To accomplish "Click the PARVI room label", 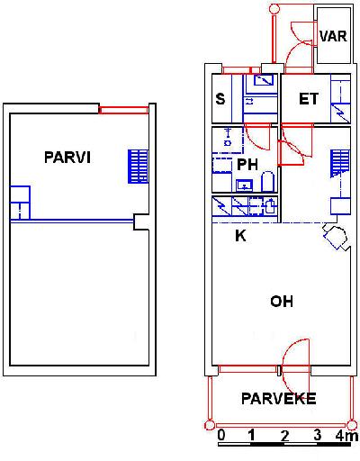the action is pyautogui.click(x=67, y=158).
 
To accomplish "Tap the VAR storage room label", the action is pyautogui.click(x=333, y=36).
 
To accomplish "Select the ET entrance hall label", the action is pyautogui.click(x=309, y=99).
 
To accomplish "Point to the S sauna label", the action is pyautogui.click(x=220, y=99).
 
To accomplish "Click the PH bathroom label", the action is pyautogui.click(x=247, y=165).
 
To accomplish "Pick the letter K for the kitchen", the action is pyautogui.click(x=240, y=236).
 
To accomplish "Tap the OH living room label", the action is pyautogui.click(x=282, y=302).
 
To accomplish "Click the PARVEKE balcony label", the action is pyautogui.click(x=279, y=398).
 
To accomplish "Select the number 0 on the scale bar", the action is pyautogui.click(x=221, y=435).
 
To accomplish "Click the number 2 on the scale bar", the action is pyautogui.click(x=284, y=436).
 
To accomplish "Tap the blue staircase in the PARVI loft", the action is pyautogui.click(x=138, y=167).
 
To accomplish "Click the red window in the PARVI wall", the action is pyautogui.click(x=123, y=110).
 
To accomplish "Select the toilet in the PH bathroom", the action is pyautogui.click(x=267, y=182).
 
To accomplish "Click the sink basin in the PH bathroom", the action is pyautogui.click(x=245, y=185).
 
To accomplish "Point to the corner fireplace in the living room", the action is pyautogui.click(x=336, y=237).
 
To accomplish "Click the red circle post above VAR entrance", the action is pyautogui.click(x=274, y=9).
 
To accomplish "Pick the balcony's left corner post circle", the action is pyautogui.click(x=210, y=425).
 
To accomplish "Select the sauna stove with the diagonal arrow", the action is pyautogui.click(x=264, y=80).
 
